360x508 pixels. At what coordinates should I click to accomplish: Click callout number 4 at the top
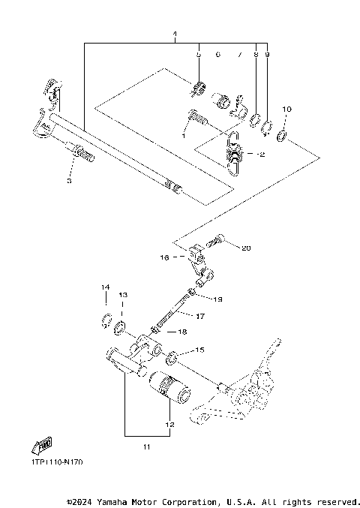[175, 35]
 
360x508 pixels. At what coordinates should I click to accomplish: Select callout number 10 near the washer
[286, 110]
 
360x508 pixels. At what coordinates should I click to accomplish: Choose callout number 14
[106, 287]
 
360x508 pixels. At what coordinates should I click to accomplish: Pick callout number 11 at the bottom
[147, 447]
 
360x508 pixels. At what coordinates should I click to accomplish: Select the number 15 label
[199, 350]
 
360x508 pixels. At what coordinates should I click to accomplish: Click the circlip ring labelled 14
[106, 323]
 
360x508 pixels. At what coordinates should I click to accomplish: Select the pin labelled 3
[84, 156]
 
